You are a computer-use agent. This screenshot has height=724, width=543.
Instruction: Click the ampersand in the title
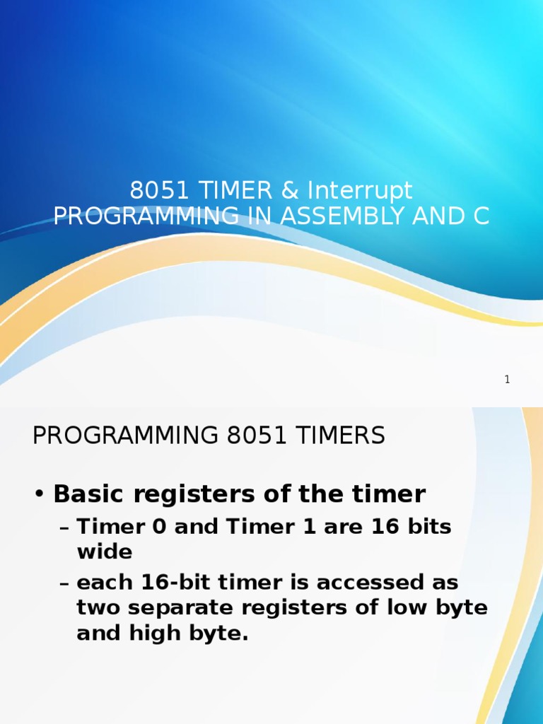289,189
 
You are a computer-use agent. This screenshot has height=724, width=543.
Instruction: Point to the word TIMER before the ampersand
235,189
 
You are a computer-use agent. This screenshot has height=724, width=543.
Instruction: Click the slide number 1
507,380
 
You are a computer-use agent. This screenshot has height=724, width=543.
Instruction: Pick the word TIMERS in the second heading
340,436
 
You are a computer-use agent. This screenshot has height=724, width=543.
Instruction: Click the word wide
105,551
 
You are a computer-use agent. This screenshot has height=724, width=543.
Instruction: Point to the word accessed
387,583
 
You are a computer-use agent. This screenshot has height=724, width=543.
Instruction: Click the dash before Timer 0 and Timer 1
64,527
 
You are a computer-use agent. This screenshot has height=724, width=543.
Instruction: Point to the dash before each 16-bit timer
64,583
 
